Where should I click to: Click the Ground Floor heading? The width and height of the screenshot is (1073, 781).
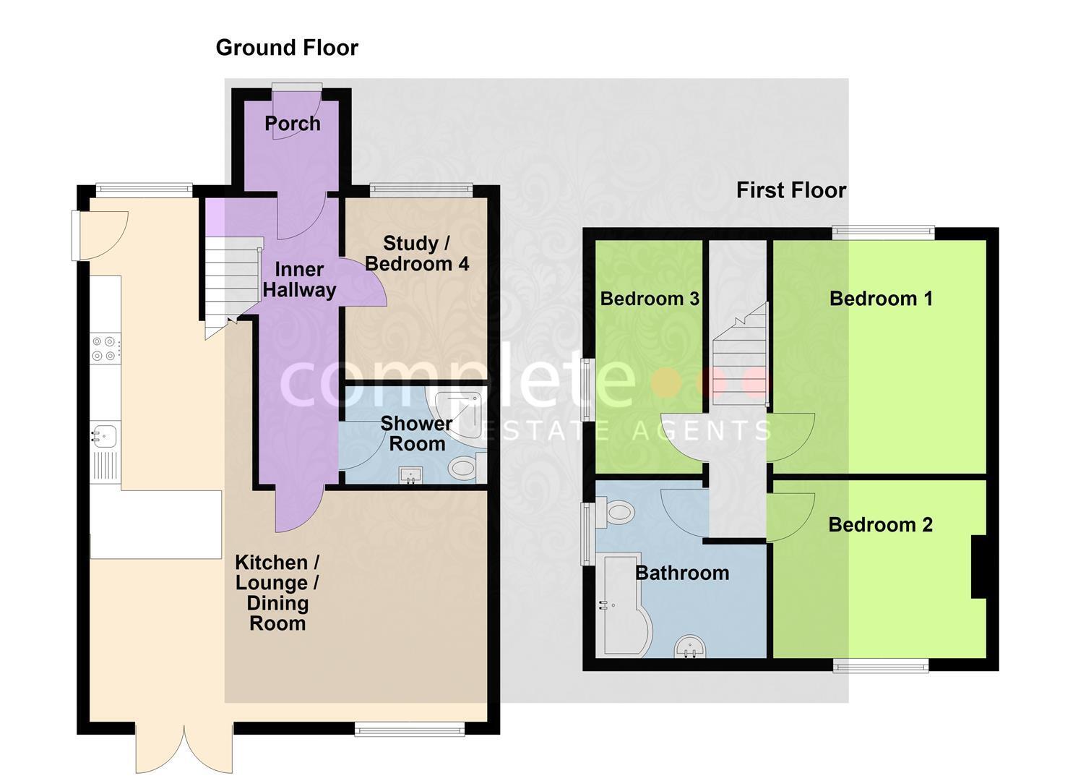(x=287, y=48)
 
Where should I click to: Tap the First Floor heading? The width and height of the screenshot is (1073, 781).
(x=791, y=190)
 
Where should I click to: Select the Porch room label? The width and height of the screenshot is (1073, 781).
(x=293, y=124)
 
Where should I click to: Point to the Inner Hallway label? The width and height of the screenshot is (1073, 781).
(x=299, y=280)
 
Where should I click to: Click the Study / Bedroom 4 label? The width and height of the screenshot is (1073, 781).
(x=417, y=254)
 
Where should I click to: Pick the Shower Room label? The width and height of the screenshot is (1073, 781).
(x=417, y=433)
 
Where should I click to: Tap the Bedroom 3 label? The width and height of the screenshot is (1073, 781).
(x=650, y=299)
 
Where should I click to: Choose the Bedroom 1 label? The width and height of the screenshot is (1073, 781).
(x=881, y=299)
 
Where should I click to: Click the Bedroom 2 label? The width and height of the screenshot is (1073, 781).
(x=880, y=524)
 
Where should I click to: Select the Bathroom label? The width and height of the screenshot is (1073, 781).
(x=682, y=573)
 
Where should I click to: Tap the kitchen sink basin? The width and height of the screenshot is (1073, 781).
(x=105, y=436)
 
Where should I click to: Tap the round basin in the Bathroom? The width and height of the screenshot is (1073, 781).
(x=690, y=646)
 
